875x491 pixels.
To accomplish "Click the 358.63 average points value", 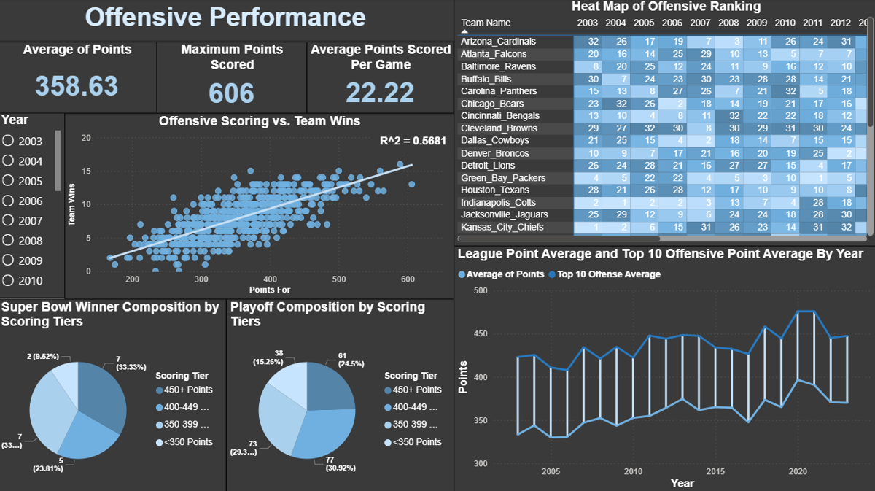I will tap(77, 85).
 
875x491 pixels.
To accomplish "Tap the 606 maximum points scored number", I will tap(232, 93).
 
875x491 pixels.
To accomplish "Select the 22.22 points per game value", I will tap(379, 93).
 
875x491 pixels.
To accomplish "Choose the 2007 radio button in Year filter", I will tap(9, 220).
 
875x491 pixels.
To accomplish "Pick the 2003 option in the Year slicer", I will tap(9, 141).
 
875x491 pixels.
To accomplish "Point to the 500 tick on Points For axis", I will tap(339, 280).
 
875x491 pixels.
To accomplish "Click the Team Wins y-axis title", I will tap(72, 204).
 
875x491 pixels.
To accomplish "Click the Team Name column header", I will tap(486, 23).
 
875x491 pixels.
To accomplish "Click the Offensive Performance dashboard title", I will tap(225, 18).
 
